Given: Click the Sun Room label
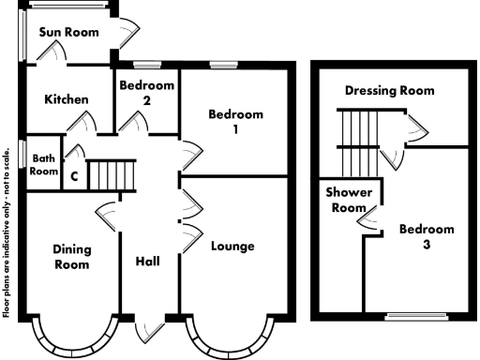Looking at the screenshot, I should tap(69, 32).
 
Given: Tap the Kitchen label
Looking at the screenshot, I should tap(67, 99).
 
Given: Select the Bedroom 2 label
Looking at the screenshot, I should tap(147, 93).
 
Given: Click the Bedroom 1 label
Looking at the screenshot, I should tap(235, 123).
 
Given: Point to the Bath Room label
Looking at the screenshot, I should tap(43, 165).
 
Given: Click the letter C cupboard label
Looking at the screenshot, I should tap(73, 174).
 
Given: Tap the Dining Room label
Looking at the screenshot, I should tap(71, 257).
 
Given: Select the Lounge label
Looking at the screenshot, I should tap(233, 247).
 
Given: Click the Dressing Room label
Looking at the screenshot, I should tap(389, 91).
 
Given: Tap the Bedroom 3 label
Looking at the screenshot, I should tap(427, 237).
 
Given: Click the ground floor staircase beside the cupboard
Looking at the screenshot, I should tap(113, 175).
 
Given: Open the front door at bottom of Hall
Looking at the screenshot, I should tap(150, 329).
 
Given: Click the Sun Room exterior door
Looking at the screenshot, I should tap(127, 34).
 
